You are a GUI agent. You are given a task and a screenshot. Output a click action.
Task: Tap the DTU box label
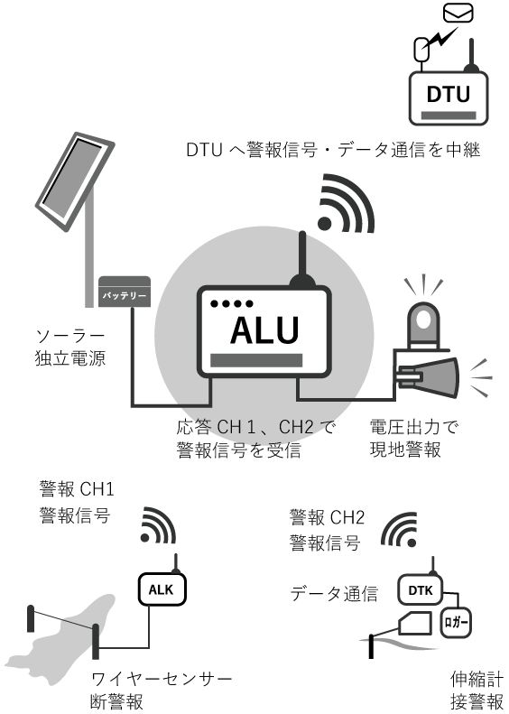pos(448,94)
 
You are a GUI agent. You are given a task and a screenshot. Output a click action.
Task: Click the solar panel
pos(75,181)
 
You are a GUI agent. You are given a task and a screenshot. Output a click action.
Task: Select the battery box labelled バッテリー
pos(125,291)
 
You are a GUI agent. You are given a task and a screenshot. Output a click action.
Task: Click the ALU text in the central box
pos(264,329)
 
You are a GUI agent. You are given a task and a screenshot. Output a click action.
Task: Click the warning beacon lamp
pos(423,325)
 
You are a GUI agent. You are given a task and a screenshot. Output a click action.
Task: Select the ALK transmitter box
pos(162,589)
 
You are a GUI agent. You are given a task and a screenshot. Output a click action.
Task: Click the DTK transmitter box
pos(421,590)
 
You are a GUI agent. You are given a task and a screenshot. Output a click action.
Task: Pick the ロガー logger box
pos(455,623)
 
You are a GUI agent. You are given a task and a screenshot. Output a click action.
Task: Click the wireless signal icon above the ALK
pos(158,525)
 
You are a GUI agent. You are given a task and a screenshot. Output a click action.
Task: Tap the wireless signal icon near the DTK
pos(400,530)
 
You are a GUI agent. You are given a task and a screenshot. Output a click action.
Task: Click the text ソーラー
pos(70,336)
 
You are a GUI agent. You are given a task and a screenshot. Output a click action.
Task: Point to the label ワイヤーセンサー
pos(162,679)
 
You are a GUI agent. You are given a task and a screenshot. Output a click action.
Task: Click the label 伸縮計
pos(477,679)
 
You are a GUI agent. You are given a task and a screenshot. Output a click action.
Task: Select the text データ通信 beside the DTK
pos(334,594)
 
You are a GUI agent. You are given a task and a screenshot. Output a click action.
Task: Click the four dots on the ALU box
pos(232,303)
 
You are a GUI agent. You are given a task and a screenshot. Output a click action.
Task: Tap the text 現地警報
pos(405,450)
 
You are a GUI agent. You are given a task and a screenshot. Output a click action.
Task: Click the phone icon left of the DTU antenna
pos(421,49)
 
